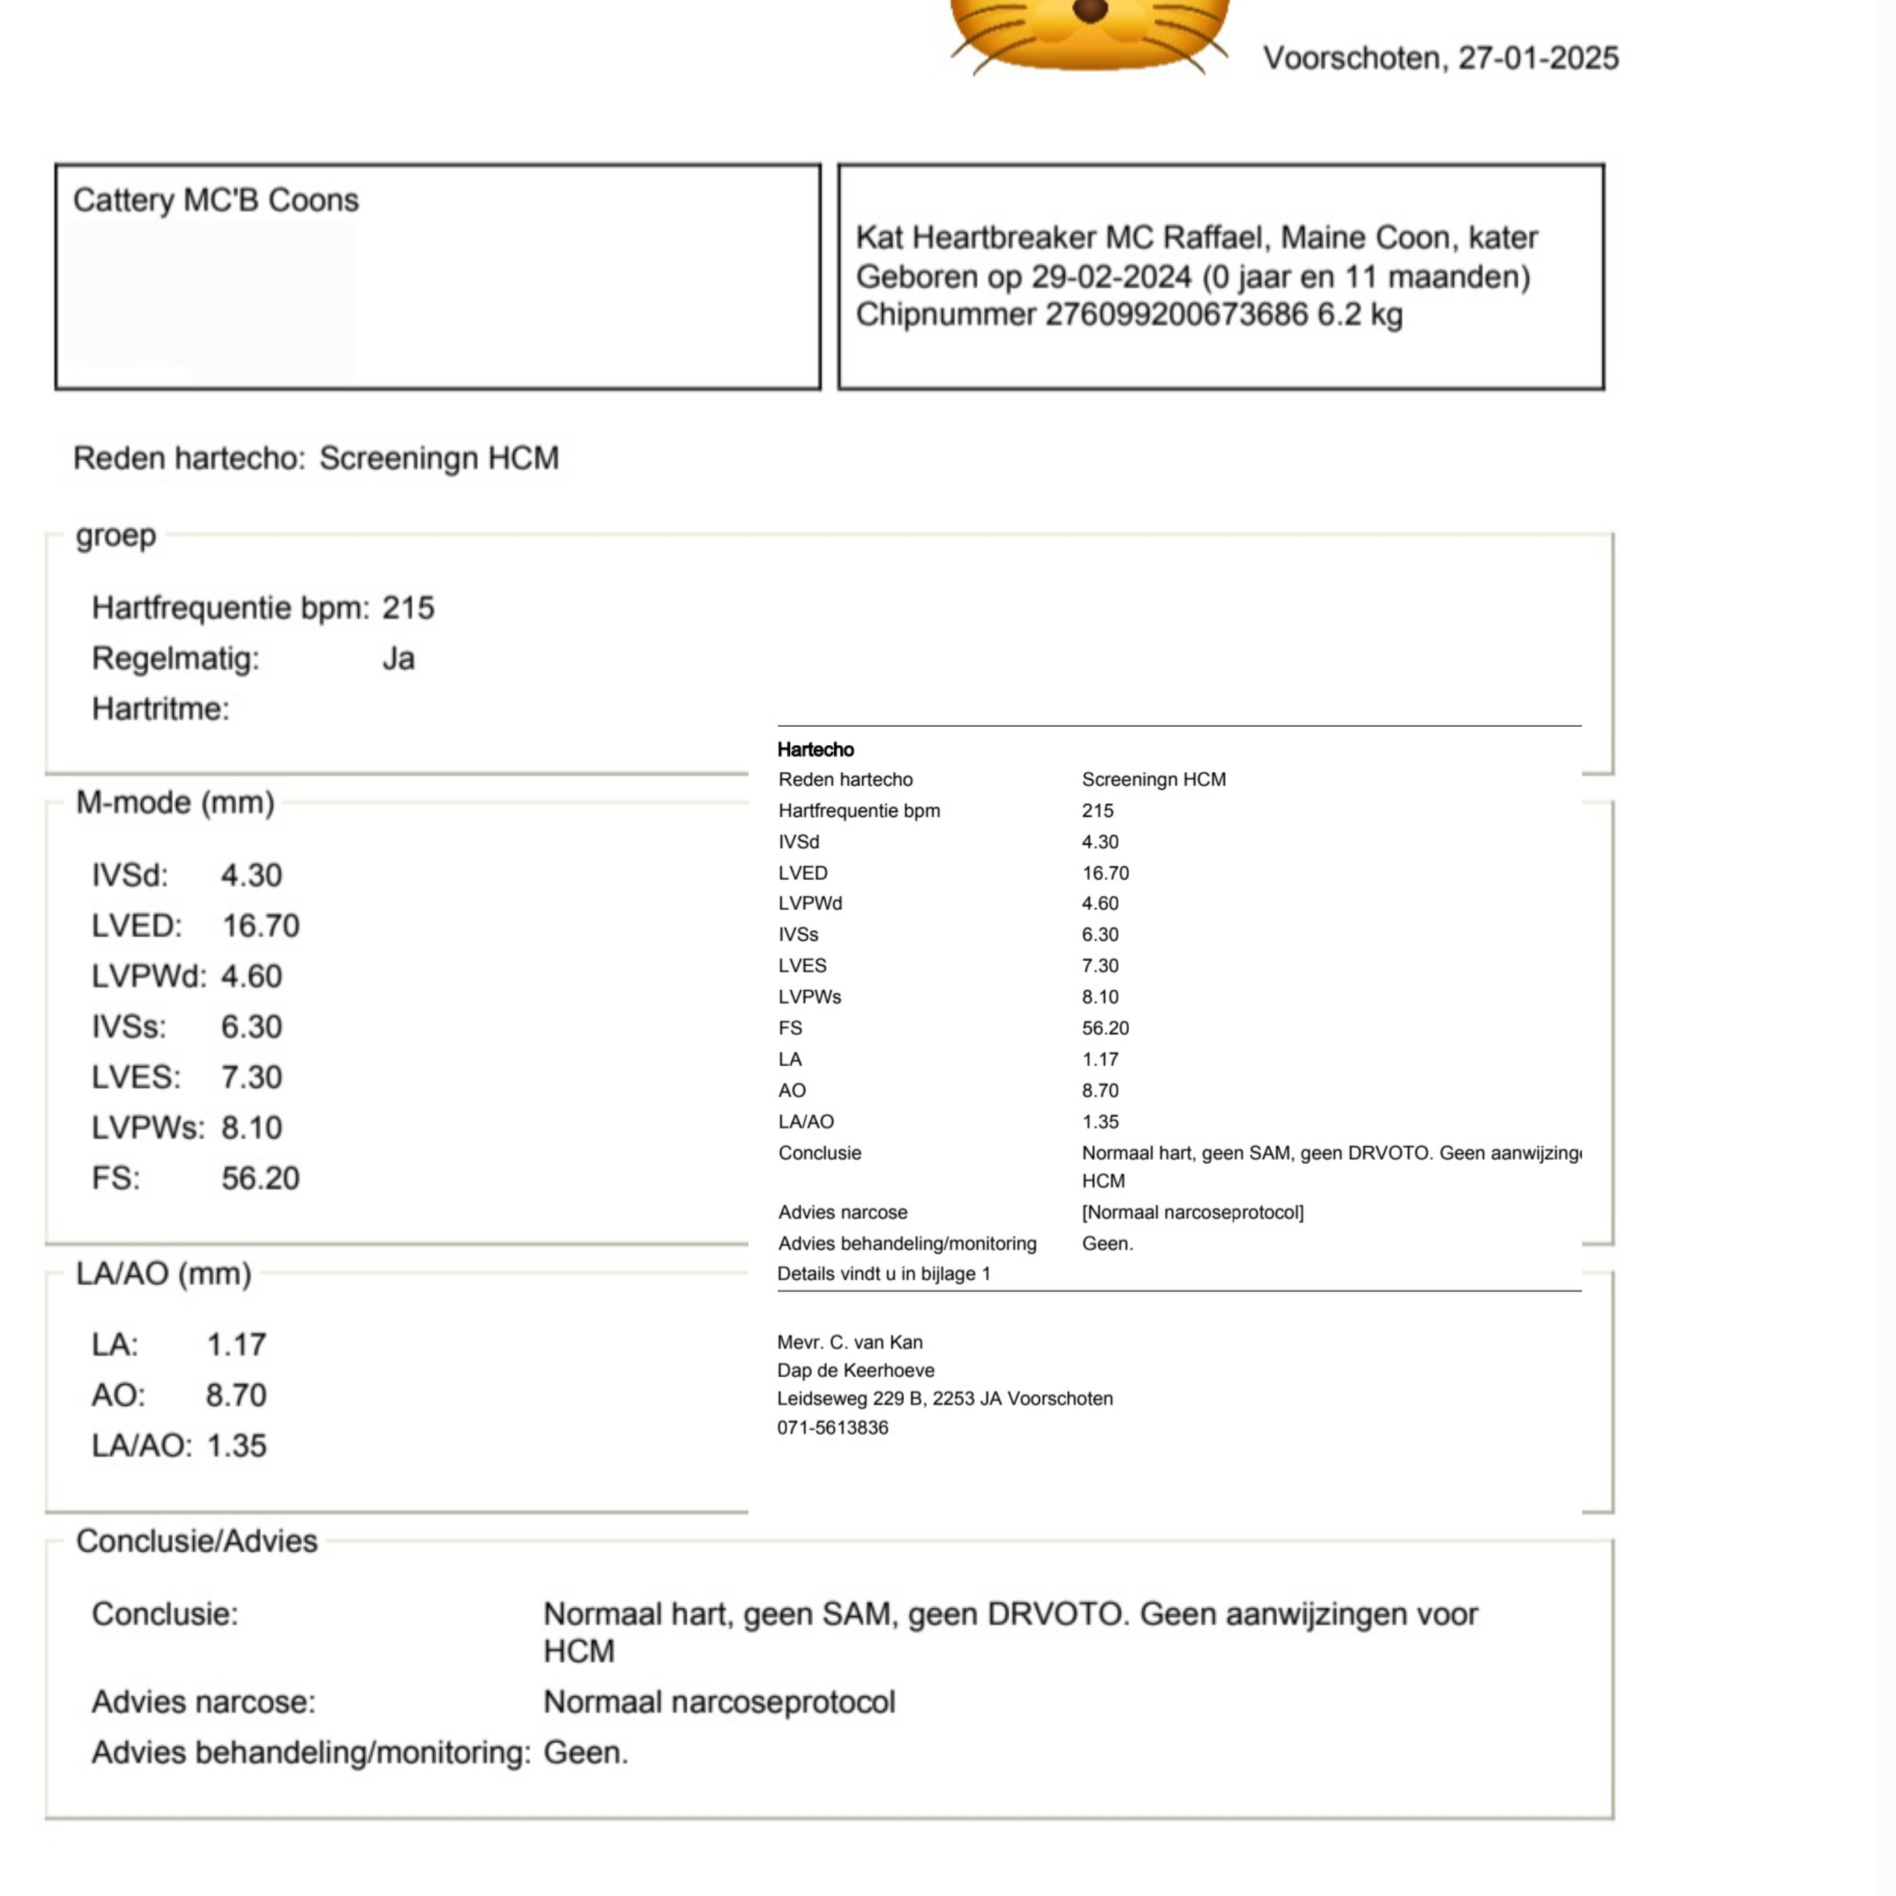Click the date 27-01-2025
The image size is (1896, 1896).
coord(1538,59)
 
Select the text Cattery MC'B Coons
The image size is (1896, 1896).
coord(216,200)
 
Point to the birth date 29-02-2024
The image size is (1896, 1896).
coord(1111,276)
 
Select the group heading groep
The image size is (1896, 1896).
coord(116,536)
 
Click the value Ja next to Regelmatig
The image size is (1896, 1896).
coord(398,658)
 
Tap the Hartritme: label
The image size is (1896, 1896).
coord(160,708)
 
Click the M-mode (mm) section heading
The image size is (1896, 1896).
coord(174,803)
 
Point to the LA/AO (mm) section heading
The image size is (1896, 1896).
coord(163,1274)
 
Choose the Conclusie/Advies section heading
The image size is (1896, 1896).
coord(196,1540)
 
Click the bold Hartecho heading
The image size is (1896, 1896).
coord(816,750)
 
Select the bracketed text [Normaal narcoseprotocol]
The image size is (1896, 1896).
coord(1192,1212)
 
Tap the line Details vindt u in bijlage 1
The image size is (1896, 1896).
coord(883,1274)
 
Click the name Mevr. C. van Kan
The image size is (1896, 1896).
coord(850,1342)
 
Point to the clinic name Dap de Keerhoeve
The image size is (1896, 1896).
coord(856,1370)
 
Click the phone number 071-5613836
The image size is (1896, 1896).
coord(832,1428)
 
